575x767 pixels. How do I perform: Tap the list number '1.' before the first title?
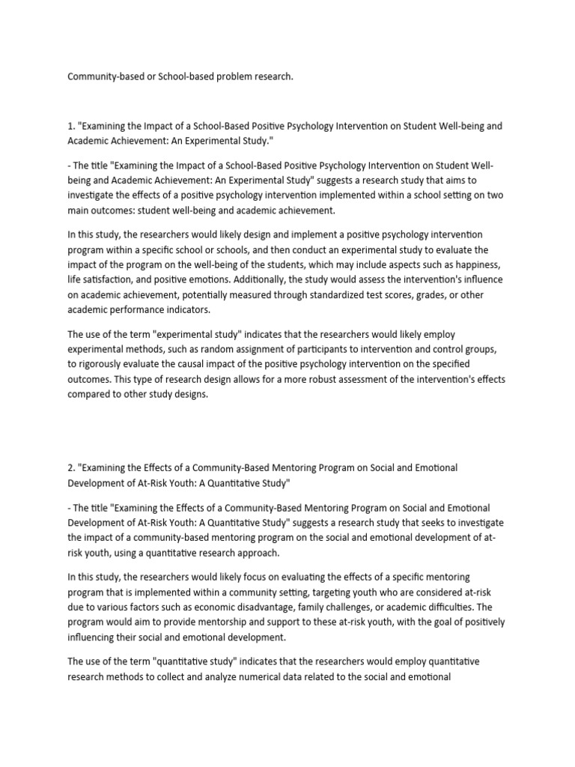[71, 126]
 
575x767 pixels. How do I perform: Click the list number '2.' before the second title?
[72, 467]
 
